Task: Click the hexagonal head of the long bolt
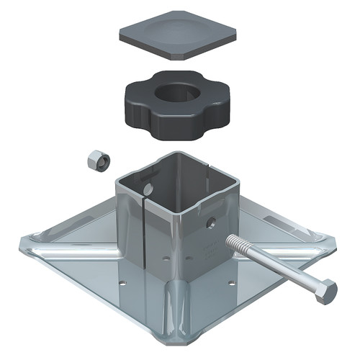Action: [326, 292]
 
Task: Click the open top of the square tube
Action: [173, 176]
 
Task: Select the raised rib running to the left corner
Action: [72, 248]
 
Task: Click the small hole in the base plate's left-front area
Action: [123, 283]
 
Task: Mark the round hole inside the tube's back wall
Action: [148, 188]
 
